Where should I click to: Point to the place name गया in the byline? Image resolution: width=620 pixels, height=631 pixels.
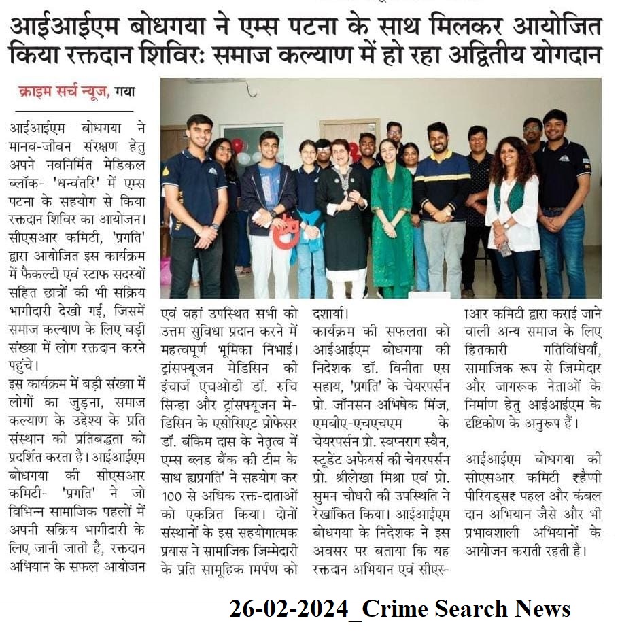(x=124, y=90)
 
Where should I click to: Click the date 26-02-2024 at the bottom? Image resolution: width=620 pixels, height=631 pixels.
(x=288, y=608)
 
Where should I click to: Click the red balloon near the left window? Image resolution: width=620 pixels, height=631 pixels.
(x=237, y=145)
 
